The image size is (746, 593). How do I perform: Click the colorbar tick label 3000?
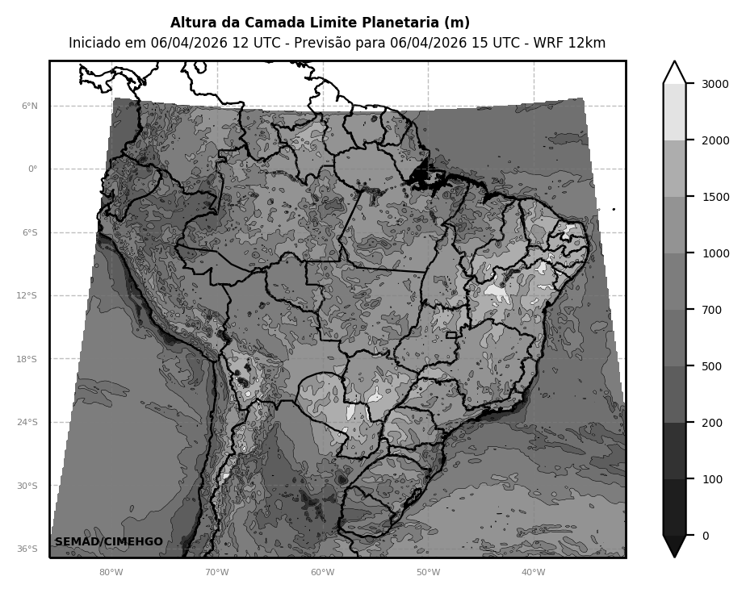click(715, 84)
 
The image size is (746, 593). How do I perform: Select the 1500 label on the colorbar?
click(715, 197)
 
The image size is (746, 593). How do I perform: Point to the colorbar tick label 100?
click(712, 479)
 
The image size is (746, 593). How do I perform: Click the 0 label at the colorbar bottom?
click(705, 536)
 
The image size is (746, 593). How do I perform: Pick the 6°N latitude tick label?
click(29, 106)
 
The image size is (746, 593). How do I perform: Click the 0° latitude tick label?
click(33, 169)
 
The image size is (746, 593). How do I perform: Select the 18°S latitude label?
click(27, 359)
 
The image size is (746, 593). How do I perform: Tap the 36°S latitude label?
click(27, 549)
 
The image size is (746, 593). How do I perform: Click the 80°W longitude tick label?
click(111, 573)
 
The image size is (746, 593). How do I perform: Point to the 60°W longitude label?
click(322, 573)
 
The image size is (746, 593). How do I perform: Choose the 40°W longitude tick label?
click(534, 573)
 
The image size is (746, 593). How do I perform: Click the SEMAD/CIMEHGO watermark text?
click(109, 541)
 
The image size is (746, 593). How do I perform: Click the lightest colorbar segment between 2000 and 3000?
click(674, 112)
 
